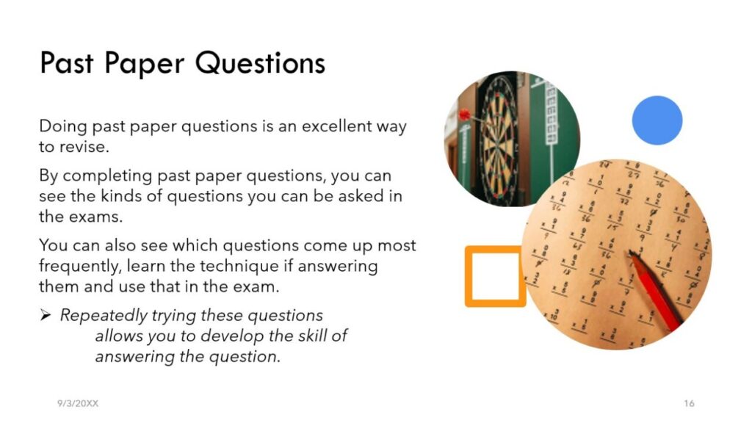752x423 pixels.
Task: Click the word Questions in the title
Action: click(x=260, y=63)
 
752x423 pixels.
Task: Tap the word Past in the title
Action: click(x=66, y=63)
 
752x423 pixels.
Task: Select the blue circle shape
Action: click(x=657, y=120)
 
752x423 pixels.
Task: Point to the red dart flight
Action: click(x=464, y=115)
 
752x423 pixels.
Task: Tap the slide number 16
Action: click(x=689, y=403)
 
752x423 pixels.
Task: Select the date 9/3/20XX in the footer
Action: click(x=78, y=403)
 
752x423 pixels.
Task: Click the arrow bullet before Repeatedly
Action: click(x=46, y=315)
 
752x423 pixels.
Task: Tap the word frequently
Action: click(x=79, y=267)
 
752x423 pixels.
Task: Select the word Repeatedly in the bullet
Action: click(x=104, y=316)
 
